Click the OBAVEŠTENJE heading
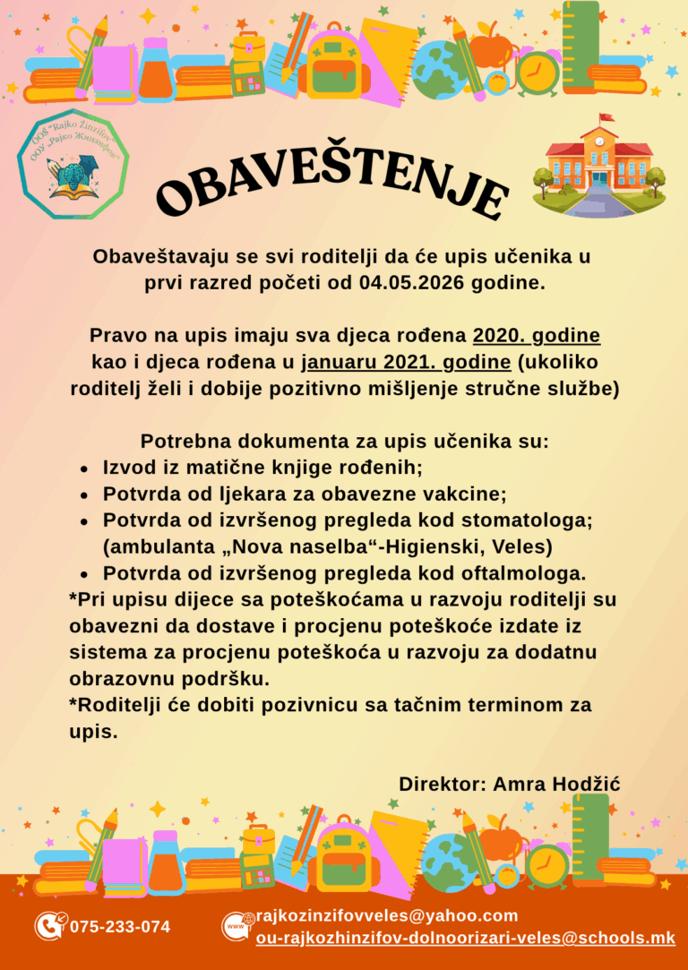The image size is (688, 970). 331,188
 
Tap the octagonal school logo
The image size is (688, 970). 73,164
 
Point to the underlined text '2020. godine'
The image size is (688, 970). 536,337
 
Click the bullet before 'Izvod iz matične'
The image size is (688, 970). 83,469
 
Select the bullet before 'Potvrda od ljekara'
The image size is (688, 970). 83,495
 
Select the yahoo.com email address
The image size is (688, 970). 387,915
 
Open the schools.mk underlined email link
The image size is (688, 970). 465,938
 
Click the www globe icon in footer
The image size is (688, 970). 235,926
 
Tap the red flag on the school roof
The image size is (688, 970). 606,117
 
